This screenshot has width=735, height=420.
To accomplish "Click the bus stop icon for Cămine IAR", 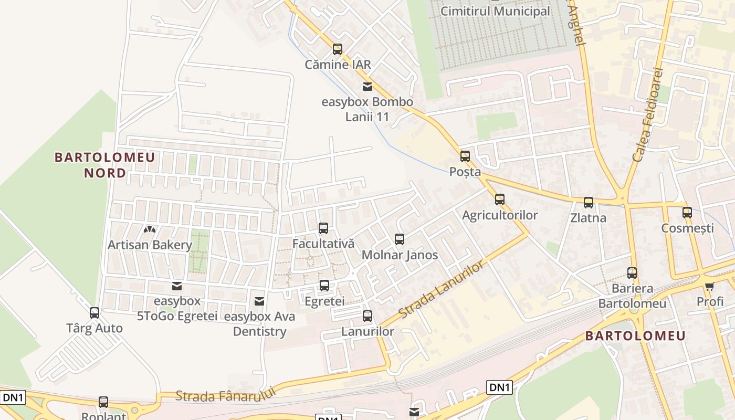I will pos(338,49).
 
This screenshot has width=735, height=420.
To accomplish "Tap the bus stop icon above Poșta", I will pos(465,156).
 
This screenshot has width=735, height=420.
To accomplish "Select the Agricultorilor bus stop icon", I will pos(500,199).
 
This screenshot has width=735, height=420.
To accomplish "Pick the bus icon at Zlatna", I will pos(589,203).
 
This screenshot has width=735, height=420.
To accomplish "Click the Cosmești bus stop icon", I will pos(687,213).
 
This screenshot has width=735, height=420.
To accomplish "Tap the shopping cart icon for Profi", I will pos(710,286).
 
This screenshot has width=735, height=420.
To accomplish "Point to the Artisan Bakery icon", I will pos(150,229).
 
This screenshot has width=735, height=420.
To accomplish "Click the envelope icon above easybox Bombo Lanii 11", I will pos(367,87).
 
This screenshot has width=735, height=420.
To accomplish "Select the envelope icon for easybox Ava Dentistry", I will pos(259,301).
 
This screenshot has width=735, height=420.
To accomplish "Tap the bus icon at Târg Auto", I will pos(94,313).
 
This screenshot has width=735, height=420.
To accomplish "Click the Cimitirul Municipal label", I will pos(495,11).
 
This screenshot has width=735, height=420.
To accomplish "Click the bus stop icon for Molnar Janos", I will pos(400,239).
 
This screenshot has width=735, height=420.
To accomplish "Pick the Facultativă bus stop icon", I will pos(323,228).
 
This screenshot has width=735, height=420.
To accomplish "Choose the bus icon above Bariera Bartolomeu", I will pos(632,273).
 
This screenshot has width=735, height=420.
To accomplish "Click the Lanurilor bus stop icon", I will pos(367,316).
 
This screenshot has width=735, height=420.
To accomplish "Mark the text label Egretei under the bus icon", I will pos(324,301).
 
